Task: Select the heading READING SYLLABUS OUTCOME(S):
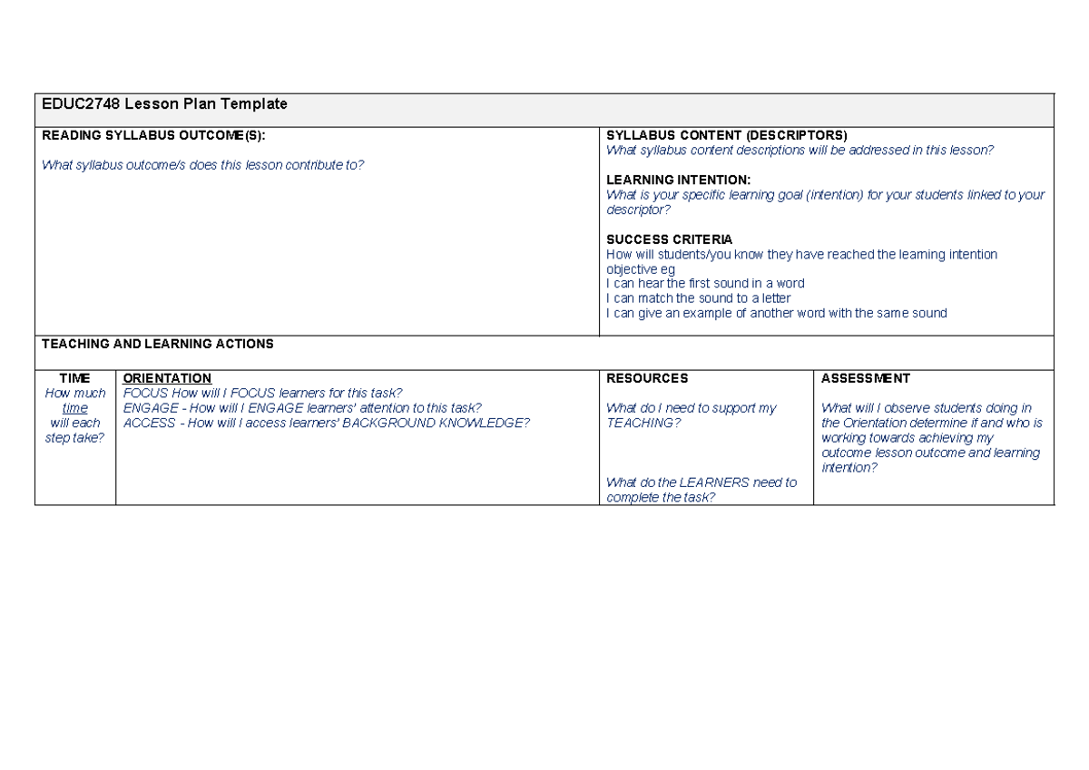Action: tap(154, 136)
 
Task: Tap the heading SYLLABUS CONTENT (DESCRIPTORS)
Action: tap(726, 136)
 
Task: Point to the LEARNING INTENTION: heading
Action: tap(678, 180)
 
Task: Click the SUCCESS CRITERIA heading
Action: tap(669, 239)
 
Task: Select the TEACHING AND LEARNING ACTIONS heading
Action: tap(157, 344)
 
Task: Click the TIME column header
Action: tap(74, 378)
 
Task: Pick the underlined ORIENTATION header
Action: tap(167, 378)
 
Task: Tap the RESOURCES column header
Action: tap(647, 378)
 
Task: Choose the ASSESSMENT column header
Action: tap(865, 378)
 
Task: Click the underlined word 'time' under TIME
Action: tap(74, 408)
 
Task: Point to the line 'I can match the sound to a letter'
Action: tap(698, 298)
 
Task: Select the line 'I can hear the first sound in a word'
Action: tap(705, 283)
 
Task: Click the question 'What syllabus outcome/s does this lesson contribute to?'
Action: tap(202, 165)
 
